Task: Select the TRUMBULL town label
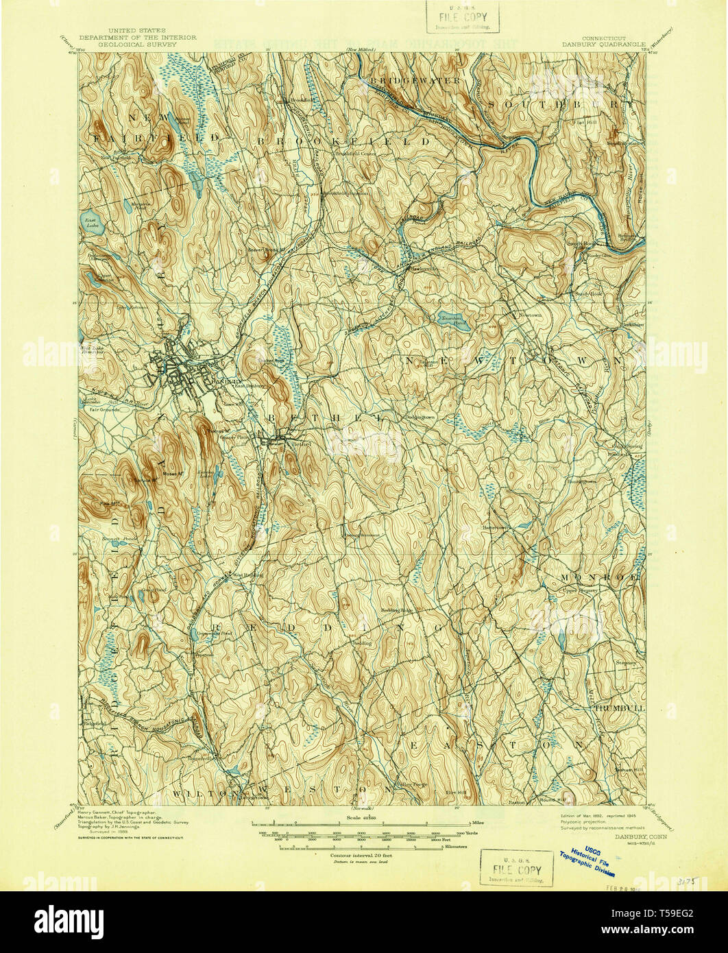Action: pyautogui.click(x=620, y=707)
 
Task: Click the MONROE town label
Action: pyautogui.click(x=600, y=577)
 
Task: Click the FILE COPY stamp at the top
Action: pyautogui.click(x=462, y=17)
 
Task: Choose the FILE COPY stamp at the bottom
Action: pyautogui.click(x=516, y=868)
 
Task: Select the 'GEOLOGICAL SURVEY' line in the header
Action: pyautogui.click(x=137, y=44)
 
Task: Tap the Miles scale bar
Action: pyautogui.click(x=363, y=821)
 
